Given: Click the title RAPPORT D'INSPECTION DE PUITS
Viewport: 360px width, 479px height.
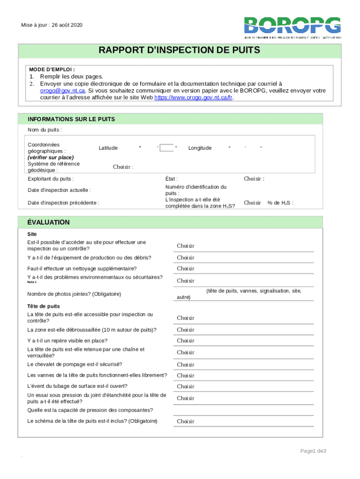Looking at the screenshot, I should (x=179, y=51).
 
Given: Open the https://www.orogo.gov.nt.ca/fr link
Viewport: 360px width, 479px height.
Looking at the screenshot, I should (x=193, y=98).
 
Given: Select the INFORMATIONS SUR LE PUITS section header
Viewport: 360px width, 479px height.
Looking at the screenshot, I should (x=71, y=119).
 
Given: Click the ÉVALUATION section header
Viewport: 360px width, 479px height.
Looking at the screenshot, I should (x=49, y=222).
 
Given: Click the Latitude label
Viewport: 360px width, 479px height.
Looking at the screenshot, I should (x=108, y=148).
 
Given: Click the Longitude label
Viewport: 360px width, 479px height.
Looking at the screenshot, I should (x=200, y=148).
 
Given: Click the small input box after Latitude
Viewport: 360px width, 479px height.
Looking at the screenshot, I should (x=166, y=148).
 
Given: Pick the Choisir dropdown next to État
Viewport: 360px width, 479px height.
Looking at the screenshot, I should (x=254, y=179).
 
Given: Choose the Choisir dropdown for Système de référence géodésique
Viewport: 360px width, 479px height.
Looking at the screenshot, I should (x=123, y=167).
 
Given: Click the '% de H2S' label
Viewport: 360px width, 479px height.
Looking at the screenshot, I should (x=280, y=203).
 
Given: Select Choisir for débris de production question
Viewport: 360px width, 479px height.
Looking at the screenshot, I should (x=185, y=258).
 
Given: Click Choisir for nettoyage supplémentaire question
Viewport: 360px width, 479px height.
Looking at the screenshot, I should (x=185, y=269).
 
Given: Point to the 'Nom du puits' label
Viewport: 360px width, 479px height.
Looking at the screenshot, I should (x=45, y=130).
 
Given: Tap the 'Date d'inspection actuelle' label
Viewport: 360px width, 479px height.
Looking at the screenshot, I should (x=59, y=190).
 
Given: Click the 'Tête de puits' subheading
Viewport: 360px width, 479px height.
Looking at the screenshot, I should (x=43, y=306).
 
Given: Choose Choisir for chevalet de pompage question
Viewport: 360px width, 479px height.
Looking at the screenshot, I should (x=185, y=364).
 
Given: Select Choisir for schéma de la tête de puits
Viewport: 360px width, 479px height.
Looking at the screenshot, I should (x=185, y=421).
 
